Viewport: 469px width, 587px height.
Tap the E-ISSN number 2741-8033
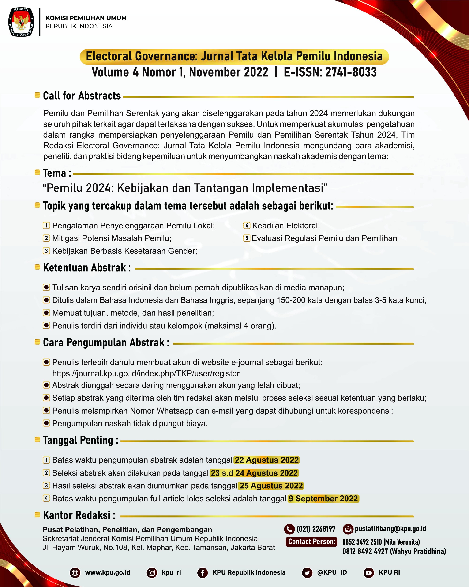click(351, 72)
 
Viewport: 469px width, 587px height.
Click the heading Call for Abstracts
click(82, 96)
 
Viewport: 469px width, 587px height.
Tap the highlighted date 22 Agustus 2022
click(267, 460)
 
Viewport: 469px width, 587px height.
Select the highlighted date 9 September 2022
click(323, 498)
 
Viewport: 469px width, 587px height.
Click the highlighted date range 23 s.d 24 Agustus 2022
click(254, 473)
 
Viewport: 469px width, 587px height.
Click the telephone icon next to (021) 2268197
click(289, 529)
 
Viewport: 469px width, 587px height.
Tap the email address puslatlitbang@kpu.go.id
click(390, 529)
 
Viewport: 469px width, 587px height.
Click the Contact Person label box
click(311, 541)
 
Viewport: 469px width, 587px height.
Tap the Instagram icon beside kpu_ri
click(152, 573)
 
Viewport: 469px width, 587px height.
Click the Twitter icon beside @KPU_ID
click(307, 573)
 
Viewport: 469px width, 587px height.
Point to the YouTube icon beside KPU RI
click(369, 573)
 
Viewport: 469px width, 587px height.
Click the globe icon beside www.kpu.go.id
click(75, 573)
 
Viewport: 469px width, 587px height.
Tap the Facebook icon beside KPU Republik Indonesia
click(203, 573)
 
